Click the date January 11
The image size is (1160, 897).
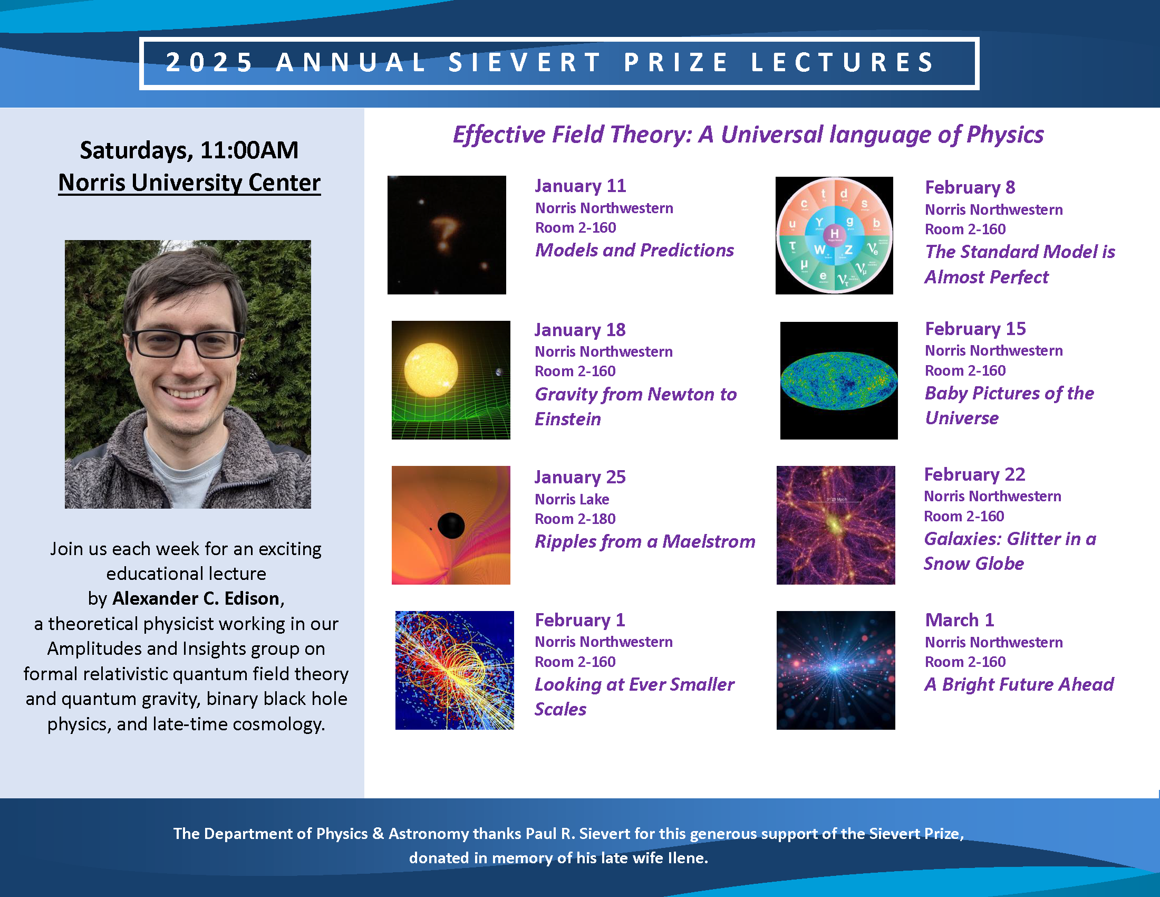pos(581,186)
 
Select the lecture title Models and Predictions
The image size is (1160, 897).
pos(635,250)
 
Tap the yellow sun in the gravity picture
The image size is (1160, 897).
pos(431,370)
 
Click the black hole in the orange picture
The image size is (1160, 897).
pos(451,526)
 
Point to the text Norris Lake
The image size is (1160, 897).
pos(572,499)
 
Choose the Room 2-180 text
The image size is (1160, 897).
pos(575,519)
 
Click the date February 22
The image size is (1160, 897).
pos(974,474)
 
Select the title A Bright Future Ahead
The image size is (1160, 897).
pos(1019,684)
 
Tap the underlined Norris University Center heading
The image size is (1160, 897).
pos(190,183)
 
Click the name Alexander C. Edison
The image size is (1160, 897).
pos(196,598)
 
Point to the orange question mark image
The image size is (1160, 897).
pos(447,235)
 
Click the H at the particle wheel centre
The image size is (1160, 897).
pos(835,233)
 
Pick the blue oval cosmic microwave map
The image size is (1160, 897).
pos(839,380)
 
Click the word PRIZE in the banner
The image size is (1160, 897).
pos(675,62)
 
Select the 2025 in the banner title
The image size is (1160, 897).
pos(209,62)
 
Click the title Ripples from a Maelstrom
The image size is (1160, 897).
pos(645,541)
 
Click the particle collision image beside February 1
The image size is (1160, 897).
pos(455,670)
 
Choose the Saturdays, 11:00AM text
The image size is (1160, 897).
pos(189,150)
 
